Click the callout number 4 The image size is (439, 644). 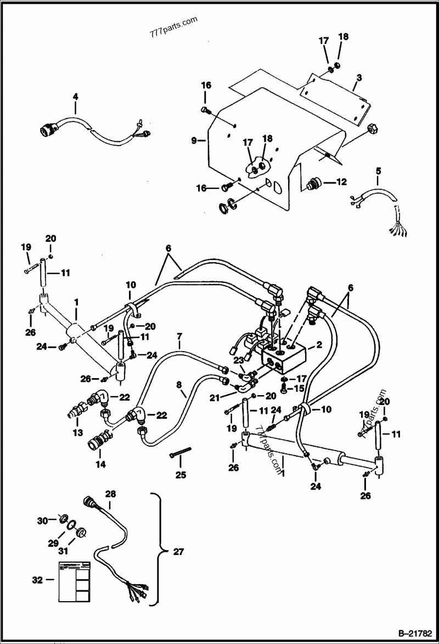click(x=75, y=97)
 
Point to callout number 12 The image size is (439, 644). click(x=341, y=182)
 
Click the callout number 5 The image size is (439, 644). click(x=377, y=170)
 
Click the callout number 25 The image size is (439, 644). click(x=179, y=474)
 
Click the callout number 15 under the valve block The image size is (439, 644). click(x=298, y=388)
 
